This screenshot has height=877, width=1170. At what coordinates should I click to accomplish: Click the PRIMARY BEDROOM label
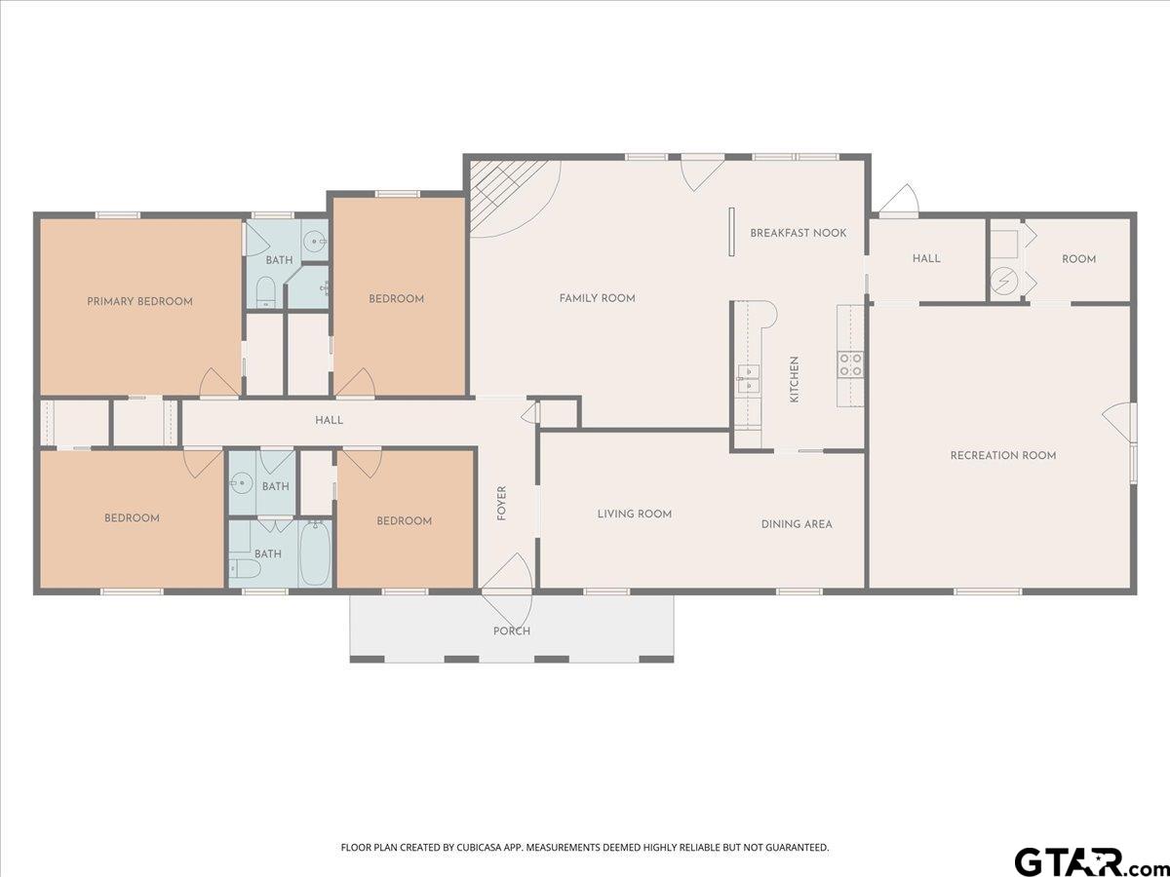pos(139,301)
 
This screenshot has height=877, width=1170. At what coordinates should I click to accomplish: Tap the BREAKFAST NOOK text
pos(798,233)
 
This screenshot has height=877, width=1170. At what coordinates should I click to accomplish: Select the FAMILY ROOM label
pos(597,298)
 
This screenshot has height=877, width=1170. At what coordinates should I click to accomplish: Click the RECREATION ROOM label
pos(1003,455)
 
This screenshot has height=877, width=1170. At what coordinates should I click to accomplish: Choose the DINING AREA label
pos(797,524)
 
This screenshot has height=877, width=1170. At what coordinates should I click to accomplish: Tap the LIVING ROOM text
pos(635,514)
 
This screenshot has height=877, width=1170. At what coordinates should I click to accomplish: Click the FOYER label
pos(501,503)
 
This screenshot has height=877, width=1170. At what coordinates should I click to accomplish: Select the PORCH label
pos(512,631)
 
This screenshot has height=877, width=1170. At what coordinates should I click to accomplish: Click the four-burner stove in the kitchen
pos(851,364)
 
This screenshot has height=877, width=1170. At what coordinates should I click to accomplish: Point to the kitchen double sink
pos(749,379)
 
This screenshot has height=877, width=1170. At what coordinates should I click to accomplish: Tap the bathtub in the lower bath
pos(315,553)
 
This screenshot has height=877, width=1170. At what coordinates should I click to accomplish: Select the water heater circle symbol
pos(1004,282)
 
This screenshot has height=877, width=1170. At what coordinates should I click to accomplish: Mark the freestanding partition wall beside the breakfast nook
pos(732,232)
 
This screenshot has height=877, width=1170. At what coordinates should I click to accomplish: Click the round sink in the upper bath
pos(315,243)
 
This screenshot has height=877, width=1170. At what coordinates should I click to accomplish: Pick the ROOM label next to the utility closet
pos(1079,259)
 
